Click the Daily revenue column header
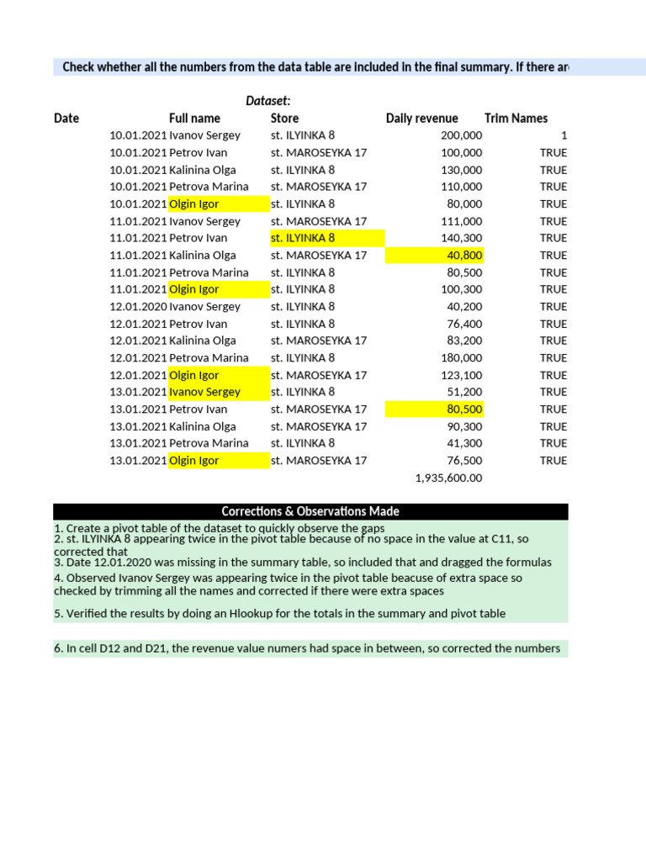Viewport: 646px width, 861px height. tap(421, 119)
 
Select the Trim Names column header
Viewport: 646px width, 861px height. tap(516, 119)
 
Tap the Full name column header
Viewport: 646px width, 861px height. tap(194, 119)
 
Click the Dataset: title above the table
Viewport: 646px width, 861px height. tap(267, 101)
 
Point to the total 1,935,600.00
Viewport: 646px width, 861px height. tap(449, 478)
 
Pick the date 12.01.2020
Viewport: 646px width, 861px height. tap(138, 307)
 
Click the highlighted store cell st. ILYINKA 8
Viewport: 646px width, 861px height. tap(303, 238)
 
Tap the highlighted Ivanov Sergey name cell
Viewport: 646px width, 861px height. tap(204, 392)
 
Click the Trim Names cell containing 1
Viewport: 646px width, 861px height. tap(564, 135)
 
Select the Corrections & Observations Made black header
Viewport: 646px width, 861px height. tap(310, 511)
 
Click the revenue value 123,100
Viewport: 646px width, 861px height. tap(461, 375)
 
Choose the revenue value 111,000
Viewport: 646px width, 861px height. tap(461, 221)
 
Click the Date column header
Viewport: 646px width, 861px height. tap(66, 119)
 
